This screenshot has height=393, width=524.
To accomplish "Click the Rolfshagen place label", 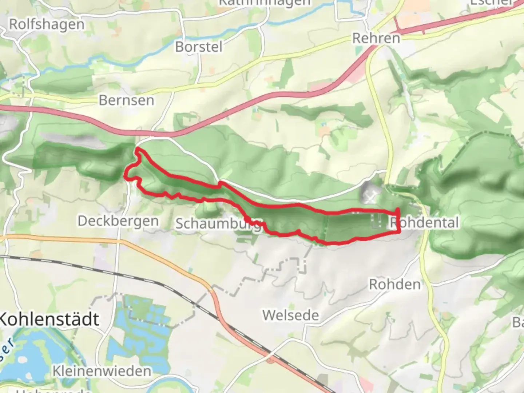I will point(47,24).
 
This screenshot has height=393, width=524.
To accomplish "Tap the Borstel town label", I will point(199,47).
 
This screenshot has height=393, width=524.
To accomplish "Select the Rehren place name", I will point(376,38).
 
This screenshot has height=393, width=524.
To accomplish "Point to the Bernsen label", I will point(126,100).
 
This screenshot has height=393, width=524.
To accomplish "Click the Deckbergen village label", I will point(118,221).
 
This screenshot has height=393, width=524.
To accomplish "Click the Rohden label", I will point(395,284).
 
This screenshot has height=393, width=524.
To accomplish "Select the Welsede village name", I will point(290,315).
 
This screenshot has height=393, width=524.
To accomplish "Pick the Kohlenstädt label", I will point(49,319).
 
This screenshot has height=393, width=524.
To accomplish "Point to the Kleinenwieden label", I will point(102,371).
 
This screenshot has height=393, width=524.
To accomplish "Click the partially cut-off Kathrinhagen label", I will point(265,3).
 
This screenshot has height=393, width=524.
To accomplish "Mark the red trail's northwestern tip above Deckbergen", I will point(137,149).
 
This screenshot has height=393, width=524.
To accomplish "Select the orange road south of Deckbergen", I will point(73,239).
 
